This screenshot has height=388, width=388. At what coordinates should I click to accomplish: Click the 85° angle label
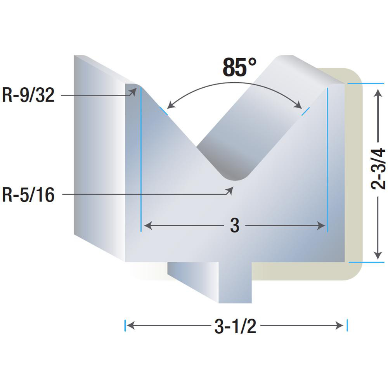239,67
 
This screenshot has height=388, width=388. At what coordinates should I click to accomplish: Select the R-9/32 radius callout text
28,95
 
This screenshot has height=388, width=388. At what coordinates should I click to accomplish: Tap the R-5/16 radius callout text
28,195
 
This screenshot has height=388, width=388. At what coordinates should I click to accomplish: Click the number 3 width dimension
235,225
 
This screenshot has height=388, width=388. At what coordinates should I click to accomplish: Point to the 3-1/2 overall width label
235,326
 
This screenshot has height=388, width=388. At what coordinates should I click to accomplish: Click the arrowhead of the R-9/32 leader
133,92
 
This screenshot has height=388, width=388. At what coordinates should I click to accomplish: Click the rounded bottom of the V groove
235,176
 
